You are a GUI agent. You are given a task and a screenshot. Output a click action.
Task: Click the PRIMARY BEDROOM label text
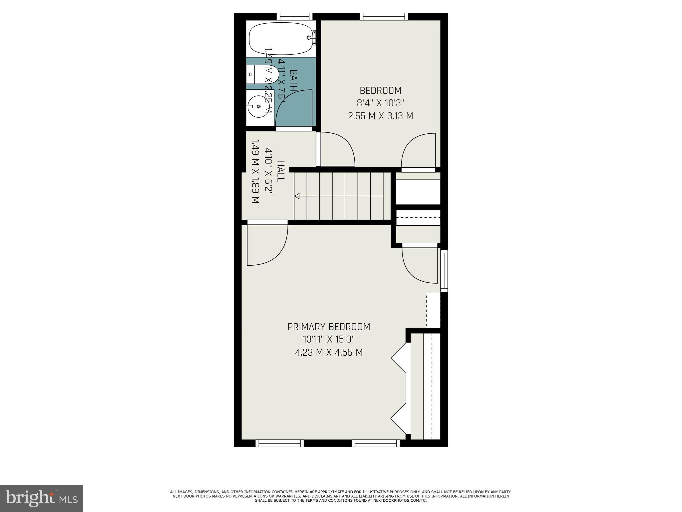(329, 327)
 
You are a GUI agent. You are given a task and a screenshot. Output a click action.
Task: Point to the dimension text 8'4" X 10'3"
(380, 103)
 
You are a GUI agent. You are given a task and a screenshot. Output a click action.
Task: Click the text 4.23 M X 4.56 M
(329, 352)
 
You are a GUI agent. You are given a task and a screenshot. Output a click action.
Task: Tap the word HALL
(281, 171)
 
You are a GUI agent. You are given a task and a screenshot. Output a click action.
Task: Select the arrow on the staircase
(297, 196)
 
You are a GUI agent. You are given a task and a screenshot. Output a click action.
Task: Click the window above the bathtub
(294, 17)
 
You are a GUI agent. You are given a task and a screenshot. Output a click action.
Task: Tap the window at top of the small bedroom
(384, 17)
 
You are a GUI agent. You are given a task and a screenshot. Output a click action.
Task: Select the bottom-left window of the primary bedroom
(279, 443)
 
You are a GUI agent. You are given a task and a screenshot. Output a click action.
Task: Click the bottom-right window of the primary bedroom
(376, 443)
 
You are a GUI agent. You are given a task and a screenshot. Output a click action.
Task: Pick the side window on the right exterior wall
(444, 270)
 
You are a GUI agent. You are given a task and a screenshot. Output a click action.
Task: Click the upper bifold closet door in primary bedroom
(399, 358)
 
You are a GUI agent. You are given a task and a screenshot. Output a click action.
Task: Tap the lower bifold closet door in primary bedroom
(399, 418)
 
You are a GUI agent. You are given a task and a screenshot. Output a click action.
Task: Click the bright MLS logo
(42, 498)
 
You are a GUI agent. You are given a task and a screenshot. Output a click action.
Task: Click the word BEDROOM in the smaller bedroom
(380, 91)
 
